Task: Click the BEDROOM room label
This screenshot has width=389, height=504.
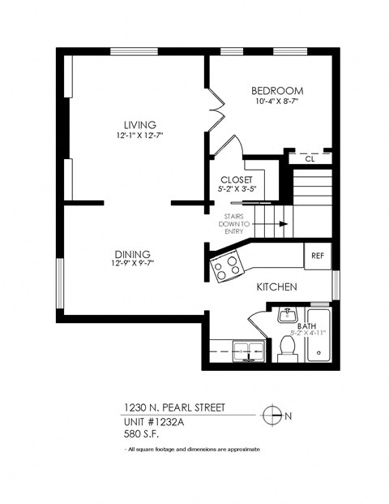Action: tap(276, 90)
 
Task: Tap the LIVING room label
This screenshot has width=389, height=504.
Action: tap(134, 125)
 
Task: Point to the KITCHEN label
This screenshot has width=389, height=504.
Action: tap(276, 287)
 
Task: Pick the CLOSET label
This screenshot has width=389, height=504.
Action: tap(236, 179)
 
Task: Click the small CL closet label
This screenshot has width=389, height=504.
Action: tap(310, 159)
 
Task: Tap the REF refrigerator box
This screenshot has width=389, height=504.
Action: tap(317, 256)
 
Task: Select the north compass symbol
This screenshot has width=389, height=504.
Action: tap(273, 415)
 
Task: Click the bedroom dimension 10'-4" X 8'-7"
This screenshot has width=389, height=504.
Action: tap(276, 102)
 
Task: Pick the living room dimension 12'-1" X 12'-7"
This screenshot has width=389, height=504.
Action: tap(134, 136)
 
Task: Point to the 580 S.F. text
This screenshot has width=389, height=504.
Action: tap(141, 433)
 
